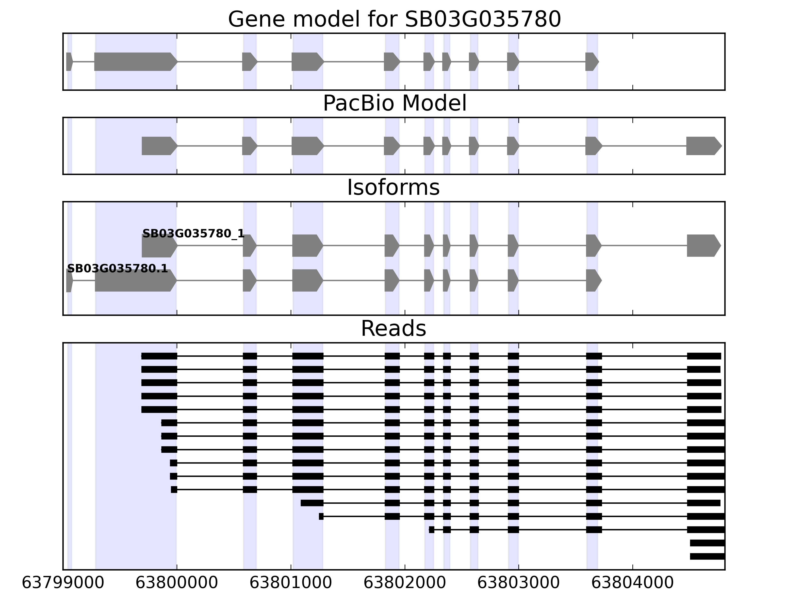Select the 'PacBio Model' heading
(394, 104)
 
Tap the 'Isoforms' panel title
(393, 188)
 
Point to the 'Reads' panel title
(393, 329)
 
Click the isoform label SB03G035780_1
(194, 234)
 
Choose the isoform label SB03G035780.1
(117, 269)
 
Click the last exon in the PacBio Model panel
(703, 146)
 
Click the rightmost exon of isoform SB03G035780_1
(703, 246)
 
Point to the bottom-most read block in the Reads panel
(707, 557)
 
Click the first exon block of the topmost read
(159, 356)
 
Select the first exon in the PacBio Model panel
(159, 146)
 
